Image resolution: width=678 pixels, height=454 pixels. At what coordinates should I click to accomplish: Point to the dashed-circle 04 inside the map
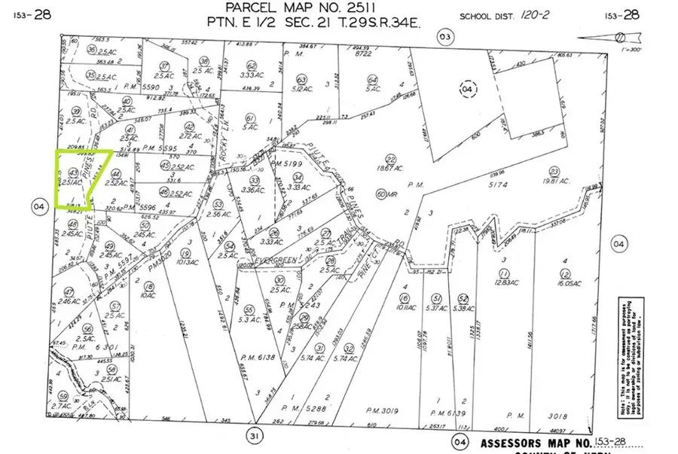click(x=468, y=88)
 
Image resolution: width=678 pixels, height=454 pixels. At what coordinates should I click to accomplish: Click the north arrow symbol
click(x=629, y=35)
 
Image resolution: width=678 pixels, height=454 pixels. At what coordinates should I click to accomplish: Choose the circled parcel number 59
click(x=65, y=396)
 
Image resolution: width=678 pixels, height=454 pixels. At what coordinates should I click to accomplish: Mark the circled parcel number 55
click(x=249, y=309)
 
